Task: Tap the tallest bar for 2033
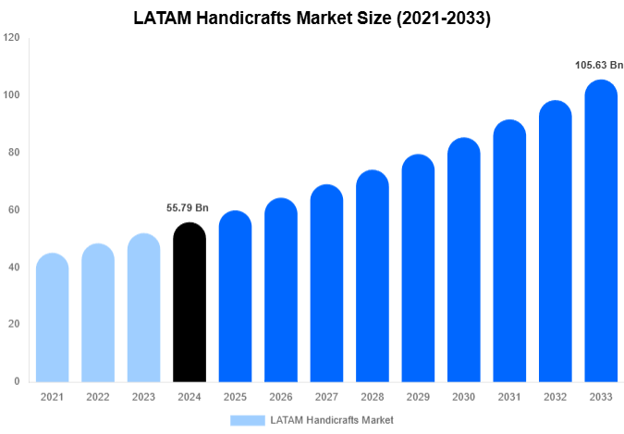tap(601, 231)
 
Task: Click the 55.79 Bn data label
tap(189, 208)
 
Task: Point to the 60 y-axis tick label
tap(14, 210)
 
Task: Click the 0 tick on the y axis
tap(17, 381)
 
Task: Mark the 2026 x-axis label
tap(280, 396)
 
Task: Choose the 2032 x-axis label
tap(555, 396)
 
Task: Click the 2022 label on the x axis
tap(97, 396)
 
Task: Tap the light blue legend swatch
tap(247, 420)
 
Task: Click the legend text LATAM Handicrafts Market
tap(332, 420)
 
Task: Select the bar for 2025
tap(235, 296)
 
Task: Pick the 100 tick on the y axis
tap(11, 95)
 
